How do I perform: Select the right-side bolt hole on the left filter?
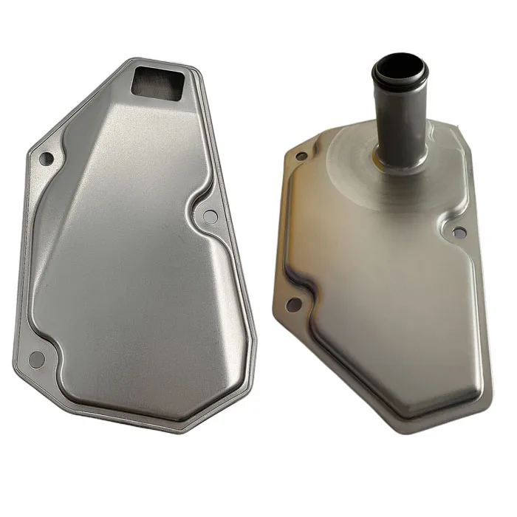click(210, 216)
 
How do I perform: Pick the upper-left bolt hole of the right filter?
click(301, 156)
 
